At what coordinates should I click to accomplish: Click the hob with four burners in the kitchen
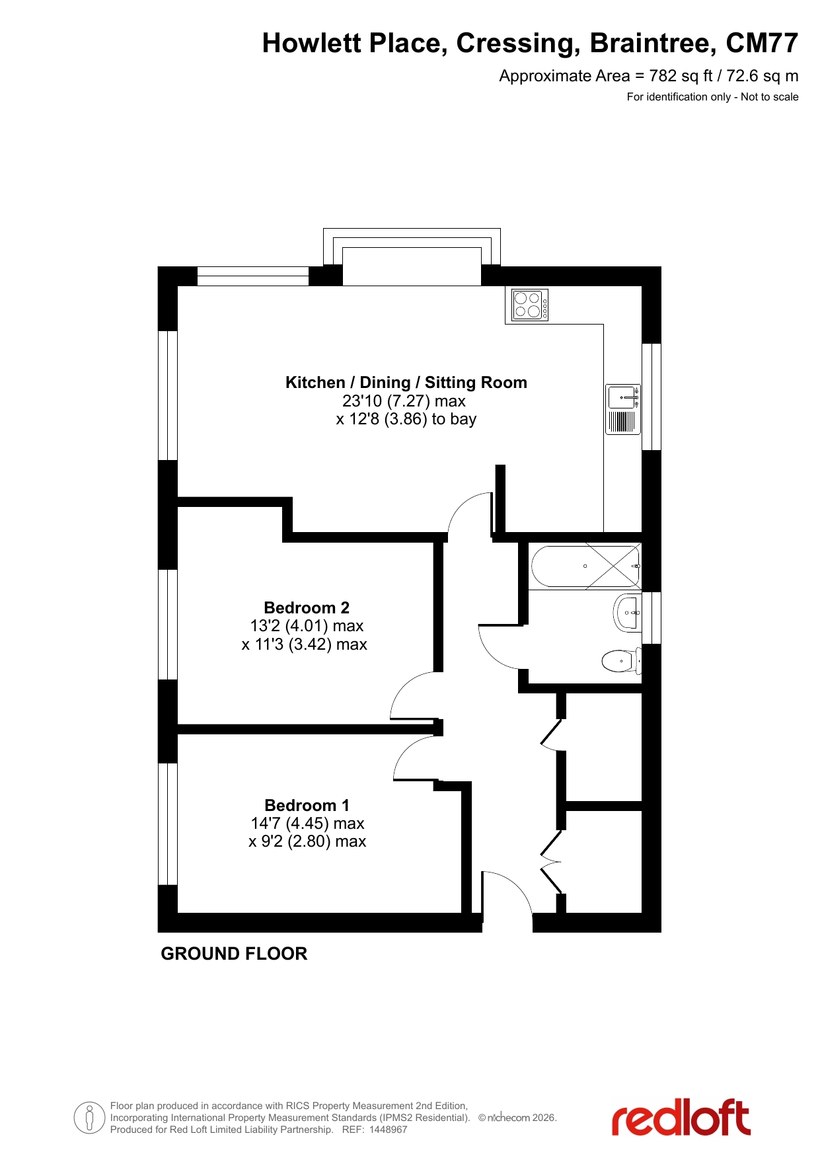click(x=530, y=305)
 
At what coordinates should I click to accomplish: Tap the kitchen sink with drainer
click(x=623, y=409)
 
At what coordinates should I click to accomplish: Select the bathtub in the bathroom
click(x=585, y=566)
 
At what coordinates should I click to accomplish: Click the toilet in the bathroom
click(x=621, y=660)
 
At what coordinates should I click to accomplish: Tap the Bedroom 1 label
click(x=307, y=805)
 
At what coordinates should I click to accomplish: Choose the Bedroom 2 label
click(x=307, y=607)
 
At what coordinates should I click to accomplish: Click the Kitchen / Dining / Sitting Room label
click(x=406, y=382)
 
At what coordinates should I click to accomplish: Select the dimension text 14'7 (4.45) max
click(x=307, y=824)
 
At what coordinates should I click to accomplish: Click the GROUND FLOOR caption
click(x=234, y=954)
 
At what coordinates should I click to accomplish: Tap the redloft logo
click(x=681, y=1118)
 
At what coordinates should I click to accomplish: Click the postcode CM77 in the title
click(x=762, y=43)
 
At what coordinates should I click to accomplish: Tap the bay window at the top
click(x=412, y=257)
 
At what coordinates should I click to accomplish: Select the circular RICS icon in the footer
click(x=89, y=1118)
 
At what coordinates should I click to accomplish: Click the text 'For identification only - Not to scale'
click(x=713, y=97)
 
